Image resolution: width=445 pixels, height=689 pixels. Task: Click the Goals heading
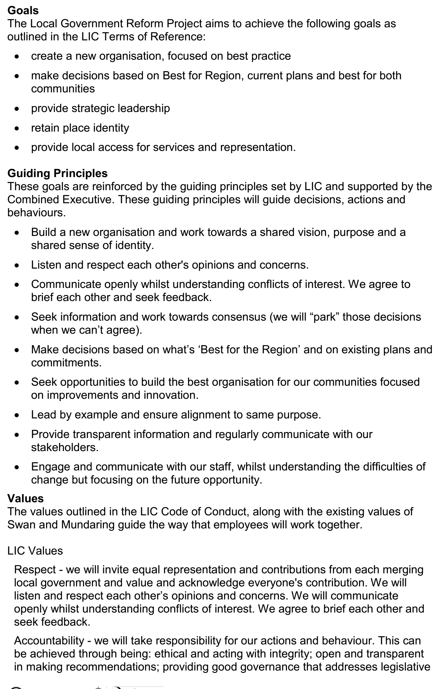23,11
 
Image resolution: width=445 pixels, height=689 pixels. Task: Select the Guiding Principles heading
57,173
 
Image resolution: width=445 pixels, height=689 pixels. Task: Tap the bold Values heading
25,498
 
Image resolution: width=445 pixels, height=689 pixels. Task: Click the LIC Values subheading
35,551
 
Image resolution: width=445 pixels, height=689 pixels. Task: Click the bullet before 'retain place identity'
17,128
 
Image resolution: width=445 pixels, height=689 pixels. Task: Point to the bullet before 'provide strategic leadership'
17,109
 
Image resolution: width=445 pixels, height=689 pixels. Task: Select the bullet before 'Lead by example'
17,415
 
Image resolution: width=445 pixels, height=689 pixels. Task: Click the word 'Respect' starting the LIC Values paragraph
35,570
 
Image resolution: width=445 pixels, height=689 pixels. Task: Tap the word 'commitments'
66,362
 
